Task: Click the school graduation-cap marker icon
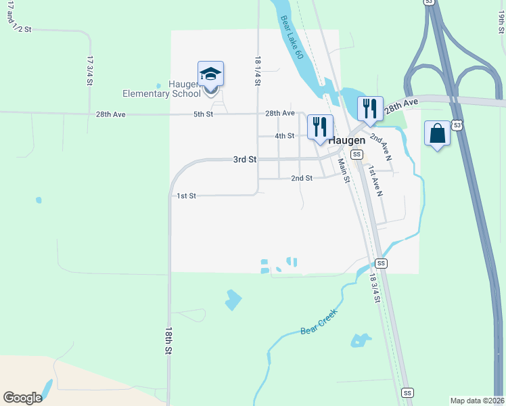pos(210,74)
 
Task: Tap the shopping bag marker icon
pos(437,133)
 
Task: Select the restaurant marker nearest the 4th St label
pos(319,127)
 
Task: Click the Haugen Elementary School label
pos(162,89)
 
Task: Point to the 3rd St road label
pos(245,160)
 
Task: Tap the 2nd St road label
pos(302,178)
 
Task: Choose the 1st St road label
pos(186,196)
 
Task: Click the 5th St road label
pos(203,114)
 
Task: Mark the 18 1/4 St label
pos(258,70)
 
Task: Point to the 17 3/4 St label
pos(89,70)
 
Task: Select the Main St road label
pos(343,170)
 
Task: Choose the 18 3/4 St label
pos(375,288)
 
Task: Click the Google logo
pos(22,398)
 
